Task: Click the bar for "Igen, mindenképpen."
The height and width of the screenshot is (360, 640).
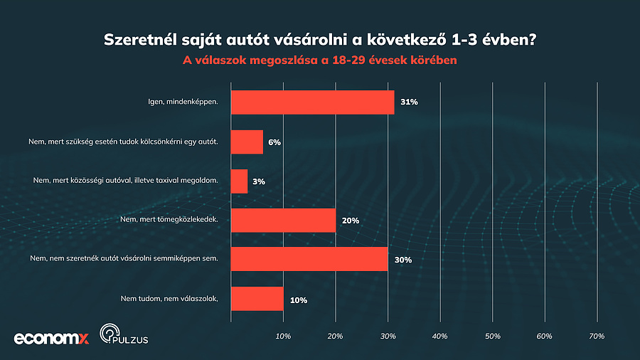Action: [x=312, y=102]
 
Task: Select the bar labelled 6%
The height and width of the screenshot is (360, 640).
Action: [x=247, y=142]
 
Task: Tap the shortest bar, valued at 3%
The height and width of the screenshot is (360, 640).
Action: [x=239, y=181]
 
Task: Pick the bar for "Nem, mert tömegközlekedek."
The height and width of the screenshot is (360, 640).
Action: [x=283, y=221]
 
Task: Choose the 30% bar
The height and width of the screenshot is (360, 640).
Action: [x=309, y=260]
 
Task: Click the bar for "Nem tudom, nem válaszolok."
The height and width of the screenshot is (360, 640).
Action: [x=257, y=299]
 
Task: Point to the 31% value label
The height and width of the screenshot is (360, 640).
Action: [x=409, y=102]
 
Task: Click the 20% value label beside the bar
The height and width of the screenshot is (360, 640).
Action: [x=350, y=221]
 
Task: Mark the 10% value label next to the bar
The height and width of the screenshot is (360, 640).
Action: [x=298, y=300]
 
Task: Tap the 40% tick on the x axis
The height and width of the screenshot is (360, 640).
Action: [x=440, y=335]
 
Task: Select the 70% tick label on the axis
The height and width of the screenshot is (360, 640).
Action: [x=597, y=335]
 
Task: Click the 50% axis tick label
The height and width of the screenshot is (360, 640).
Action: [x=492, y=335]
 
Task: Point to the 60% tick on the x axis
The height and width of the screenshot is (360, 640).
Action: [x=545, y=335]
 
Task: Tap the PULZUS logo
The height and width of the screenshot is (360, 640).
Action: [x=119, y=335]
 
